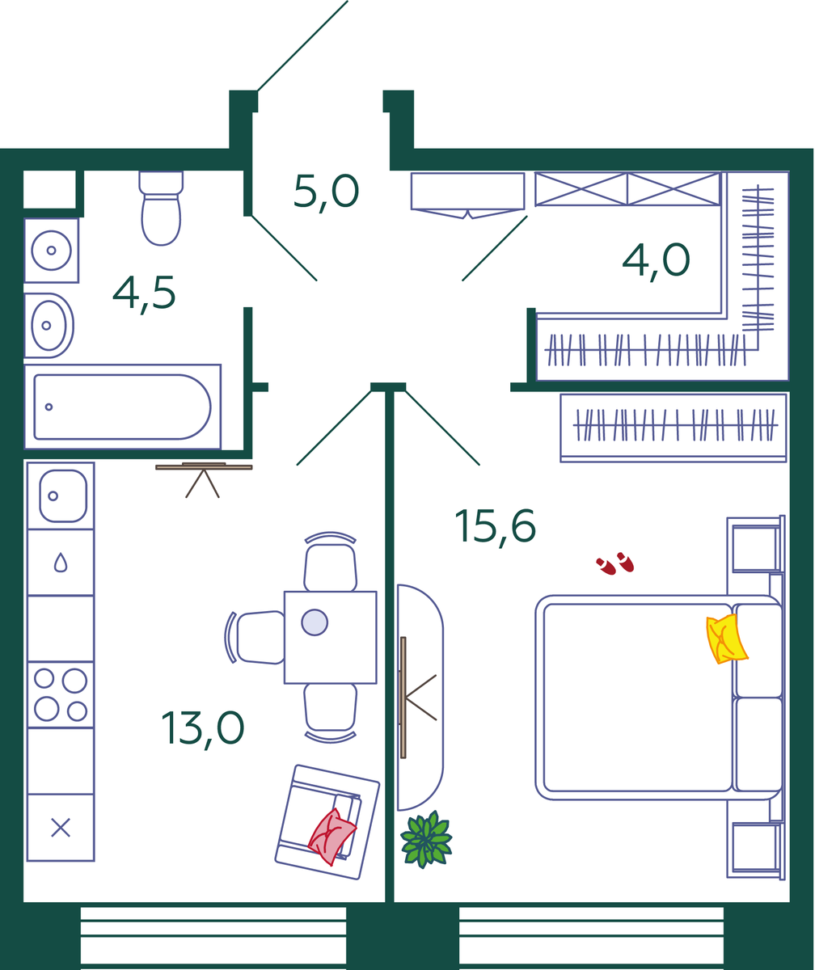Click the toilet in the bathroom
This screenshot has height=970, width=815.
coord(161,208)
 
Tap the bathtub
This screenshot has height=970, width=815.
coord(122,407)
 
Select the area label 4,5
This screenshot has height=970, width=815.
coord(144,294)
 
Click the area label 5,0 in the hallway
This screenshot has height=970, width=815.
coord(326,193)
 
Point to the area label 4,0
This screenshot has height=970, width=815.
coord(656,262)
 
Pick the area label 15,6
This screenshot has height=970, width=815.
coord(496,528)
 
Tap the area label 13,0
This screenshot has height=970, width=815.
coord(203,729)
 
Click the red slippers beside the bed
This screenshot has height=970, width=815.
coord(615,563)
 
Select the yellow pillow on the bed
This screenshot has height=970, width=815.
coord(726,639)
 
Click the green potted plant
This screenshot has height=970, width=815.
coord(426,840)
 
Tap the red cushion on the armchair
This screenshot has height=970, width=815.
coord(331,837)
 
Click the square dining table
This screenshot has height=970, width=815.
coord(331,638)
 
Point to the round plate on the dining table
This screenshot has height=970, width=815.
coord(315,622)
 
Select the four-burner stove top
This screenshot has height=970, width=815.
coord(61,694)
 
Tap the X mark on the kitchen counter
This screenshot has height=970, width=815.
coord(61,828)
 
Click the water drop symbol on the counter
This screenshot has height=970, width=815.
coord(61,562)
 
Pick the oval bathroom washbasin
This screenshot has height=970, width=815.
coord(49,325)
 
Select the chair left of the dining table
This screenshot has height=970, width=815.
coord(255,638)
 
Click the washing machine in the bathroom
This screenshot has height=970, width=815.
coord(52,251)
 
